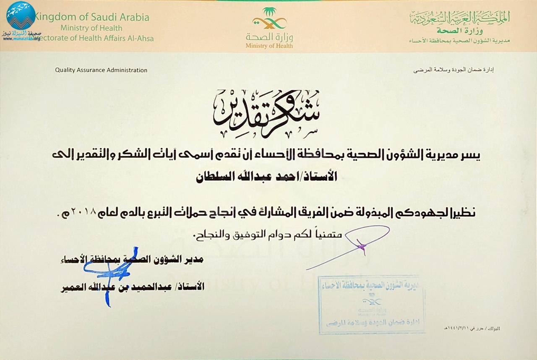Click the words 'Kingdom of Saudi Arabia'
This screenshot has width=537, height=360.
pos(91,18)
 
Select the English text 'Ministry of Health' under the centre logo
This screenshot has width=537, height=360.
pos(269,46)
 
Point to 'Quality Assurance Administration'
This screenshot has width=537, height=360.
pos(101,70)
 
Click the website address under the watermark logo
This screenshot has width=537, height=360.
pos(21,39)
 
